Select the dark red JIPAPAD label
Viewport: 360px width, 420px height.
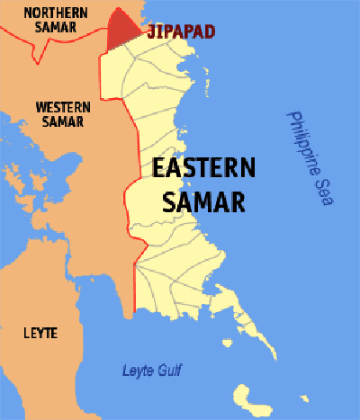point(181,31)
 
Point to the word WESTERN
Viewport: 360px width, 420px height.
point(62,106)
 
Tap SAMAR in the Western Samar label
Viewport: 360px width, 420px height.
point(63,121)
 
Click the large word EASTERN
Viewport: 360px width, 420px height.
point(203,168)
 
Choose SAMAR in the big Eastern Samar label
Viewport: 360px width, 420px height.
point(203,202)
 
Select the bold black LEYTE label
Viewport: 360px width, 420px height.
point(40,334)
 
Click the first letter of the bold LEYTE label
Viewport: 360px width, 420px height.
point(25,334)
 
